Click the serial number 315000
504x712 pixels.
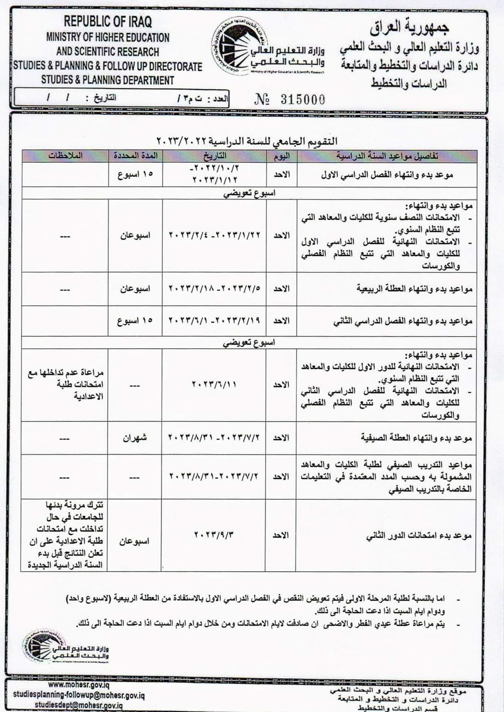(x=302, y=99)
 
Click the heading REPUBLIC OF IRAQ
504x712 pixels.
(x=108, y=21)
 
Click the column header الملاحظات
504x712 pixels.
(x=65, y=156)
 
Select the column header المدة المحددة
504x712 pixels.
(x=135, y=156)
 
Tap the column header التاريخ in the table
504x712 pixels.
(x=214, y=156)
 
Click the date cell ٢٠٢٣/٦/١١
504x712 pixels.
(x=214, y=385)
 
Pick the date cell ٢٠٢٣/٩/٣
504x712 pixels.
(x=214, y=535)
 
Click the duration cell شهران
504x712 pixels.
(x=135, y=438)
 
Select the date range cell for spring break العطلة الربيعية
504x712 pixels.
(x=214, y=288)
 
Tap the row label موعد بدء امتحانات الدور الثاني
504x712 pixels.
(x=419, y=536)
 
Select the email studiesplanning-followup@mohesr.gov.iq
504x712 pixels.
(x=78, y=695)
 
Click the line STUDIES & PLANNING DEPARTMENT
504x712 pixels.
(x=108, y=80)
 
